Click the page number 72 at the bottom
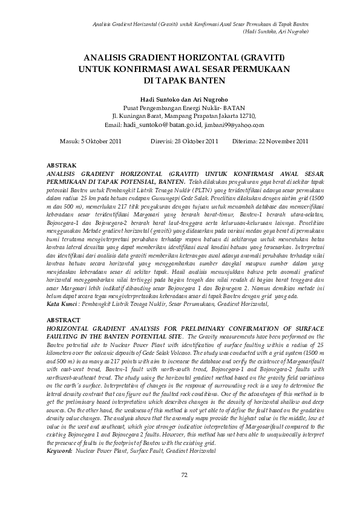coord(184,474)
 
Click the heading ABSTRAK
coord(61,165)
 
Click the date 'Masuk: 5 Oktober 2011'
coord(92,141)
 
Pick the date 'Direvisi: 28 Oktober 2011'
coord(183,141)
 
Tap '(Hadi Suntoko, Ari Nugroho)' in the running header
coord(275,30)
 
